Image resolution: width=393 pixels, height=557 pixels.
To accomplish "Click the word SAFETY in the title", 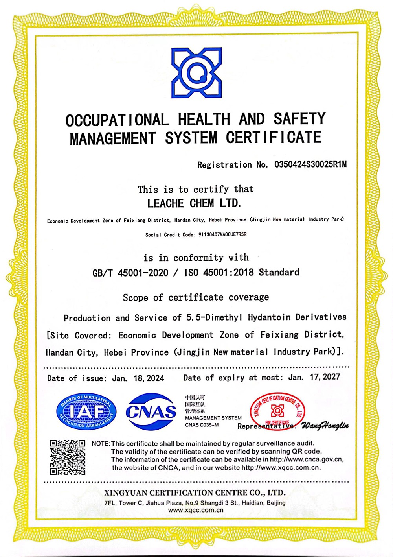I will click(299, 119).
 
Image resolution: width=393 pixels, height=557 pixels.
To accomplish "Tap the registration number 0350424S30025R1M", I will click(310, 164).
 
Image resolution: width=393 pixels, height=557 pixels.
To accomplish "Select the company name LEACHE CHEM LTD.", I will click(194, 203).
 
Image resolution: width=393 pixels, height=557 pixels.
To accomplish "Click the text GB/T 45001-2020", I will click(130, 273).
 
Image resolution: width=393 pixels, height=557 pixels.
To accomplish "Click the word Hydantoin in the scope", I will click(269, 317).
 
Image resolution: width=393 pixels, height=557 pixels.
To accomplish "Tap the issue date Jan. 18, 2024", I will click(138, 378).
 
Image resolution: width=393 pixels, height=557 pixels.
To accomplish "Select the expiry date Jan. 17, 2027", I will click(314, 377).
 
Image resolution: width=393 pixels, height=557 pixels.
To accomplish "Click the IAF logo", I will click(86, 411).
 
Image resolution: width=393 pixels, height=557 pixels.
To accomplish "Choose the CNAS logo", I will click(151, 411).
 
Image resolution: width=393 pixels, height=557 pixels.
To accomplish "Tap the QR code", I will click(68, 457).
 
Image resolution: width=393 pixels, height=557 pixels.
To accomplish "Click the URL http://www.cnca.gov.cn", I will click(307, 459).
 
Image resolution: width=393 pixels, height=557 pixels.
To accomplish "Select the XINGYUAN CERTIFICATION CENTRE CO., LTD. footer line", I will click(195, 492).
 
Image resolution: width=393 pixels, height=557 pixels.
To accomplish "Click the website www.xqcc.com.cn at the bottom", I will click(196, 510).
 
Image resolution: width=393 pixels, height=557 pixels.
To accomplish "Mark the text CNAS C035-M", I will click(202, 425).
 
